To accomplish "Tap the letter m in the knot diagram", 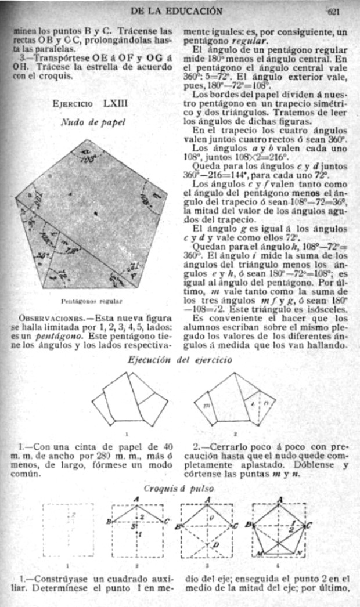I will click(x=206, y=404).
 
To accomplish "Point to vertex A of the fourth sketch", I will click(x=280, y=500).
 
